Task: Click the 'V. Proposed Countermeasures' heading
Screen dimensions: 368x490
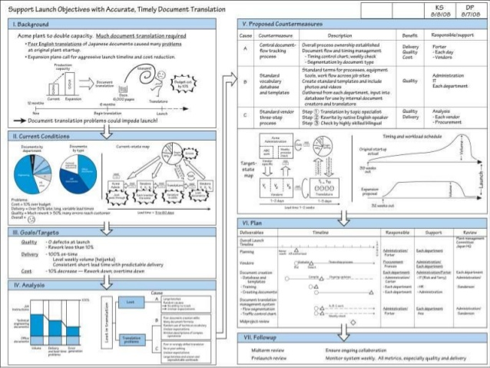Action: tap(283, 25)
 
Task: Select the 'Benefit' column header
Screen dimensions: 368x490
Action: tap(410, 36)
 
